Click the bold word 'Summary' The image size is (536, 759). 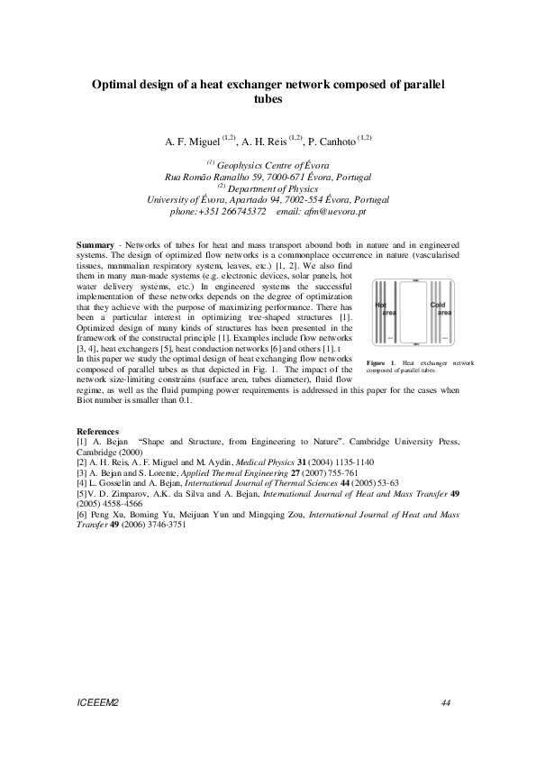tap(95, 245)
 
